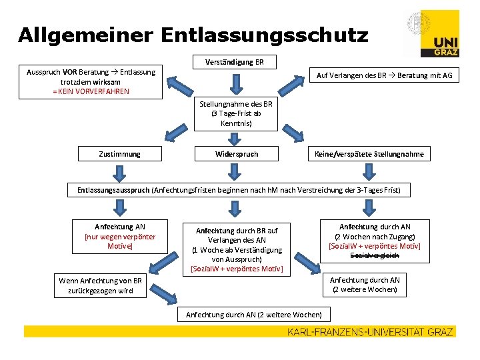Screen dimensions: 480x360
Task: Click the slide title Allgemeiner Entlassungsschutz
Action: point(193,34)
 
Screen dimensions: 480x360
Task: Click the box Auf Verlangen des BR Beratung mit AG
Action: point(383,75)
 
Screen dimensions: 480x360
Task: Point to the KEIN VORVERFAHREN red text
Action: point(91,91)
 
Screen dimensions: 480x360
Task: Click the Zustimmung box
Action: point(119,154)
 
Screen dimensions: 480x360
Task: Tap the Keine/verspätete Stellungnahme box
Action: point(369,154)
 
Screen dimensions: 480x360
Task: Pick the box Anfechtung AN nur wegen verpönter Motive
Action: point(120,237)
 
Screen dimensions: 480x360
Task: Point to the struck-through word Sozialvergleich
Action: point(374,255)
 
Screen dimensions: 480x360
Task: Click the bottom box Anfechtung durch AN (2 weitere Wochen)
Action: point(253,314)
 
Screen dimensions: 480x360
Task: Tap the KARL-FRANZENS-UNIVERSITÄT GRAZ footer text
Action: point(371,331)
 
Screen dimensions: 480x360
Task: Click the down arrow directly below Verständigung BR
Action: point(233,83)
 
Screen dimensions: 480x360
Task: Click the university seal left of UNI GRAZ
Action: point(417,25)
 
